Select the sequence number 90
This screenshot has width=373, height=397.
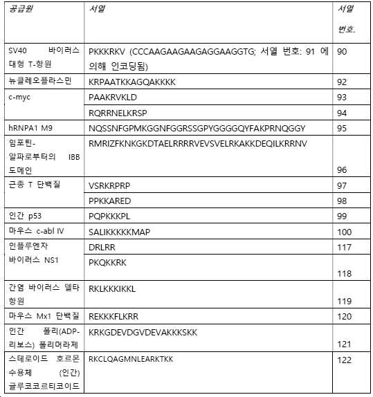(342, 51)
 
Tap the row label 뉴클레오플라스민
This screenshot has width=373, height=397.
(40, 82)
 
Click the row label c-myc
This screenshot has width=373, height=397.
(20, 97)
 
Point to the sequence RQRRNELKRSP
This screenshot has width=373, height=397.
(118, 112)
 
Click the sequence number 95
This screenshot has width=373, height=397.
(342, 128)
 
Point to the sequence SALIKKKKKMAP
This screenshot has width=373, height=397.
(120, 232)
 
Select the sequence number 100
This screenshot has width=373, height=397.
(344, 232)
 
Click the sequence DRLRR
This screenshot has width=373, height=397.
(102, 246)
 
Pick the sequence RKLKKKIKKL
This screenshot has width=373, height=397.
(113, 288)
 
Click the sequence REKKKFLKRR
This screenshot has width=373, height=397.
(114, 317)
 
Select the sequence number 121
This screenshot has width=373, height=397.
(344, 344)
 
